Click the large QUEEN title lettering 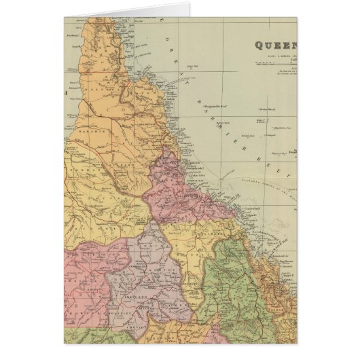pyautogui.click(x=275, y=46)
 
